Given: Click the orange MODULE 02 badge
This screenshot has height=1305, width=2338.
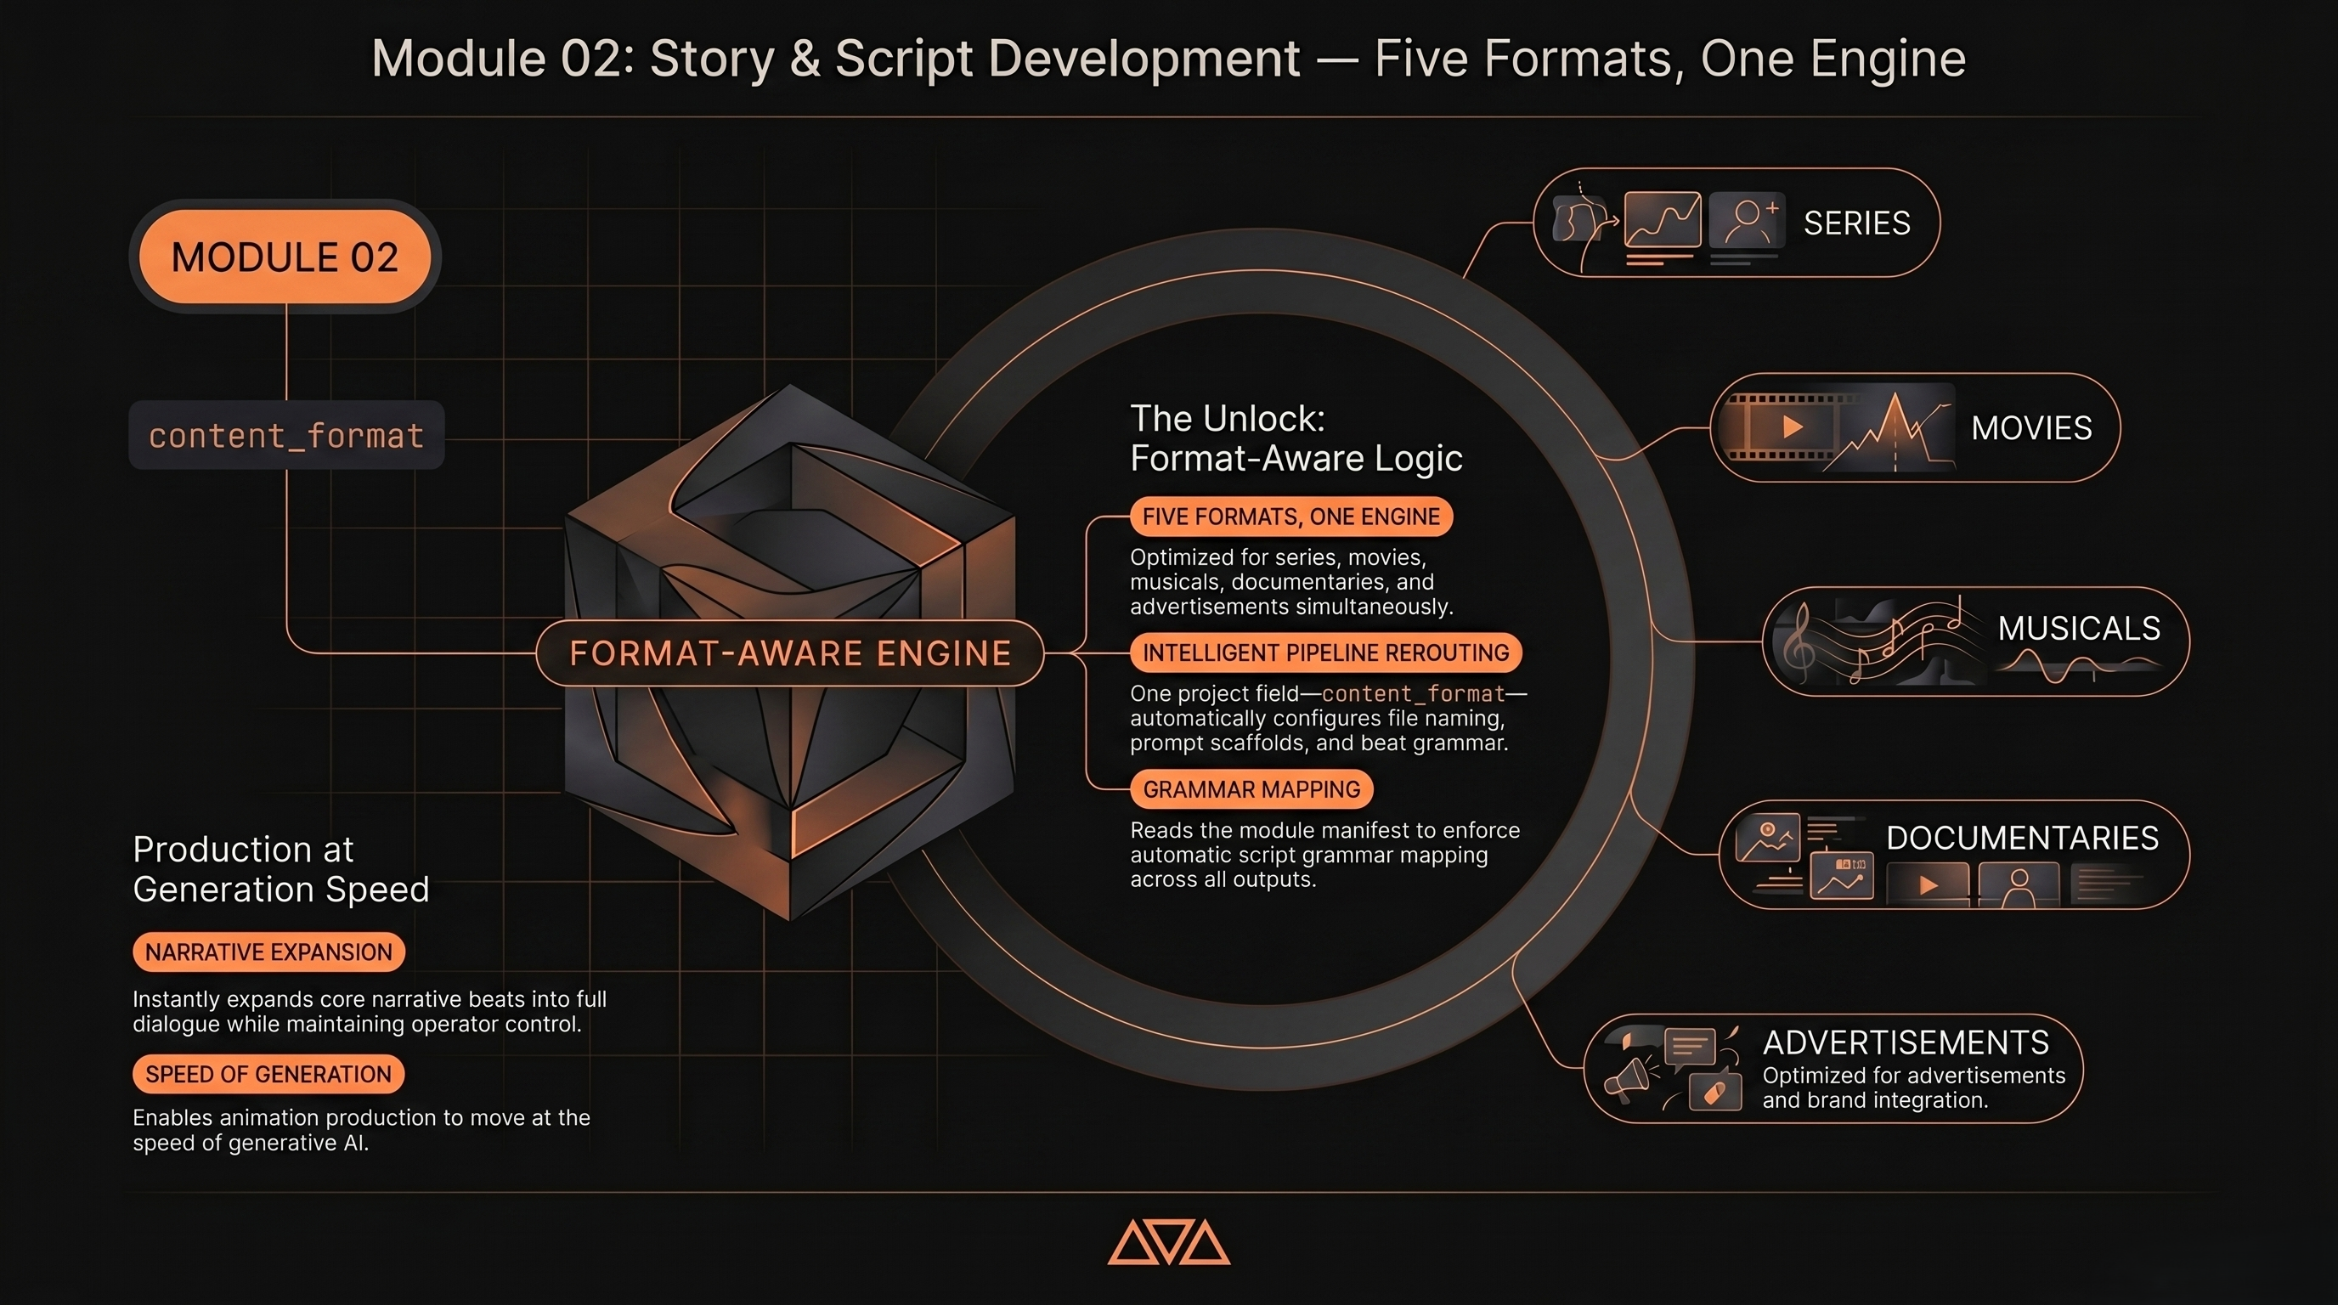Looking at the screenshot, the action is (x=285, y=257).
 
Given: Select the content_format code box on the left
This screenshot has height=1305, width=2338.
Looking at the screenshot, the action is (x=287, y=436).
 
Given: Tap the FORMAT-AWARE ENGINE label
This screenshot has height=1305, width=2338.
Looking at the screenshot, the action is (x=789, y=653).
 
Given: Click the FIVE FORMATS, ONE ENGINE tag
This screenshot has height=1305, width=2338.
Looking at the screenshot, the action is (x=1290, y=517).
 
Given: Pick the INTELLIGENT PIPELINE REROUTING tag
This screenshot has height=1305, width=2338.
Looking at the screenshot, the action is (x=1325, y=652).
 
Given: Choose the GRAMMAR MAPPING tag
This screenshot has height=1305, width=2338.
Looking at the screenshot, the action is (x=1251, y=789).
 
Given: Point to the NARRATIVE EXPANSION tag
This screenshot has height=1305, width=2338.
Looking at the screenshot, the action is (x=268, y=952).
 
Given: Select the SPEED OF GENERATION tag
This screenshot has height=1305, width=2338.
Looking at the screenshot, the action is (x=268, y=1075).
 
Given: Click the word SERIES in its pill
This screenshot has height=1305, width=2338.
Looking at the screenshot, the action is (x=1856, y=223).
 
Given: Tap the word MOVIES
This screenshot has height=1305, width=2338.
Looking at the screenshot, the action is (x=2031, y=428).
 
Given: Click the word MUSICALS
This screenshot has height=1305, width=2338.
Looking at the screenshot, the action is (x=2078, y=628).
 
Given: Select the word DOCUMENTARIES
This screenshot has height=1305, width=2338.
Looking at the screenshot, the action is (x=2022, y=838).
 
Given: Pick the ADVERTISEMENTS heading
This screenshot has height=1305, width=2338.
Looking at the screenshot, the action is (x=1905, y=1042).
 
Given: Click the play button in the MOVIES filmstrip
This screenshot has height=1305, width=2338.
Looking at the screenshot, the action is (x=1792, y=427).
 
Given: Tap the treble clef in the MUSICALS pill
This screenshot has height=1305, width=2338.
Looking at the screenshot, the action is (x=1798, y=642).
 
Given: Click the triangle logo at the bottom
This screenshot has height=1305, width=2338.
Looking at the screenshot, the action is (x=1169, y=1242).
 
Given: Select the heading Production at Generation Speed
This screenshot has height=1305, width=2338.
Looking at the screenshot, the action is (x=280, y=869).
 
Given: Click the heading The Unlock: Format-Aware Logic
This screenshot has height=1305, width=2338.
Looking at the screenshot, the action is (x=1296, y=438).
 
